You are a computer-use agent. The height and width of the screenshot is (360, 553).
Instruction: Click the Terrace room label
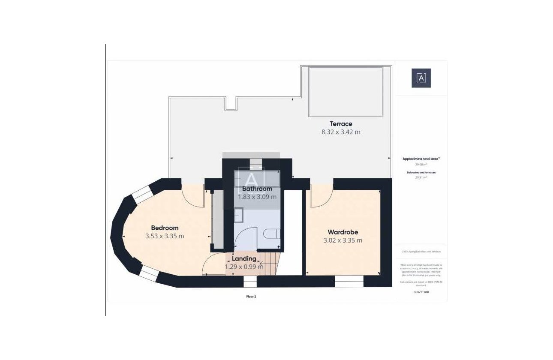[341, 124]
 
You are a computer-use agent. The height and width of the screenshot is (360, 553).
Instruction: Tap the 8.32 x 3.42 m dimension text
[341, 132]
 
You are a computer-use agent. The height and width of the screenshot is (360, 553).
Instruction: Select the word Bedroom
[165, 228]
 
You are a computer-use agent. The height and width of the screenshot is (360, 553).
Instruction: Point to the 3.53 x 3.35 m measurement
[165, 236]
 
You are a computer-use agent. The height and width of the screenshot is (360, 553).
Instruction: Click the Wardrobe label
[343, 232]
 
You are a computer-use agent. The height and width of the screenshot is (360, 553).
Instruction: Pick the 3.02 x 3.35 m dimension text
[343, 240]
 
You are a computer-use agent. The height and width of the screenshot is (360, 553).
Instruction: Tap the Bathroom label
[257, 189]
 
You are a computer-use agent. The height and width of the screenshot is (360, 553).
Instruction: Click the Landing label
[244, 258]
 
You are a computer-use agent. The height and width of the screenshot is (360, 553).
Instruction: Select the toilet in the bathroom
[271, 234]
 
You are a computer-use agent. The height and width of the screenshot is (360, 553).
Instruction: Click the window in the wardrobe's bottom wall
[349, 281]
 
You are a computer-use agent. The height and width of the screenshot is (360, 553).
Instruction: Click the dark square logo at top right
[421, 78]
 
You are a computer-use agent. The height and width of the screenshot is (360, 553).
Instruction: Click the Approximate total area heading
[421, 159]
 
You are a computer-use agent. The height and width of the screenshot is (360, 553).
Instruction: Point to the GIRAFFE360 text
[421, 292]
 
